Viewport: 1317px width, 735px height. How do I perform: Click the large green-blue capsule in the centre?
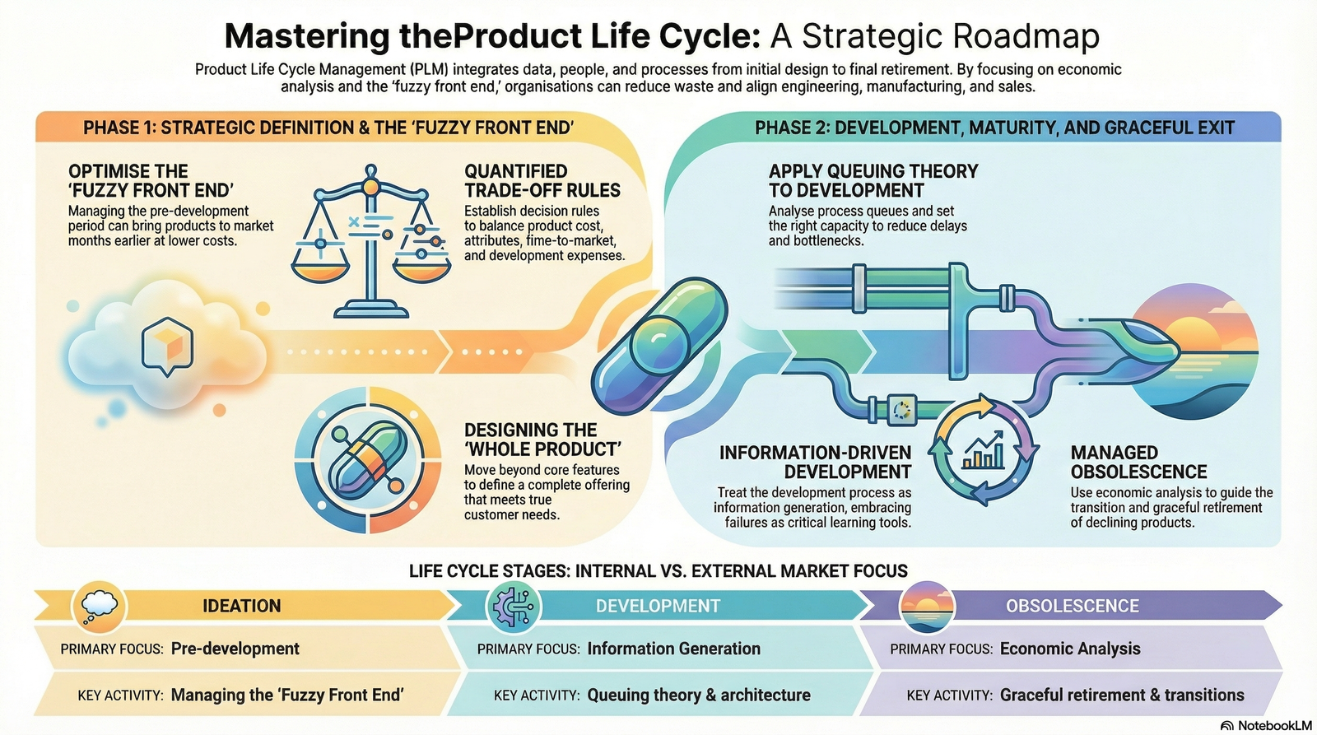click(x=659, y=346)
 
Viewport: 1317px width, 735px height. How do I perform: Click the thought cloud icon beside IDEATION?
click(x=100, y=606)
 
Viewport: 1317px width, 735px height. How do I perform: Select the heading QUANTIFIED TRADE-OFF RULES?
click(x=542, y=181)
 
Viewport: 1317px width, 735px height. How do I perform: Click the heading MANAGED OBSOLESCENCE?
click(x=1138, y=463)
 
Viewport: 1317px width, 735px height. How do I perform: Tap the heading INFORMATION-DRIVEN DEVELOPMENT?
click(x=815, y=463)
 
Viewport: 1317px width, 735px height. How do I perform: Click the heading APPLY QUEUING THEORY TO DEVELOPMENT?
click(x=873, y=181)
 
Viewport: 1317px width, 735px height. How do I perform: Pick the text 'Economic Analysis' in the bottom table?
click(x=1070, y=649)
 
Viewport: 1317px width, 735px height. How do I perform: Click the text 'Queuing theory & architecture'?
click(x=699, y=695)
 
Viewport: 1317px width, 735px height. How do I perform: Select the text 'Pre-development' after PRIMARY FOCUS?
click(x=235, y=649)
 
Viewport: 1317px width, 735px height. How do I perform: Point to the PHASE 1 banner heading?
click(x=328, y=128)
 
